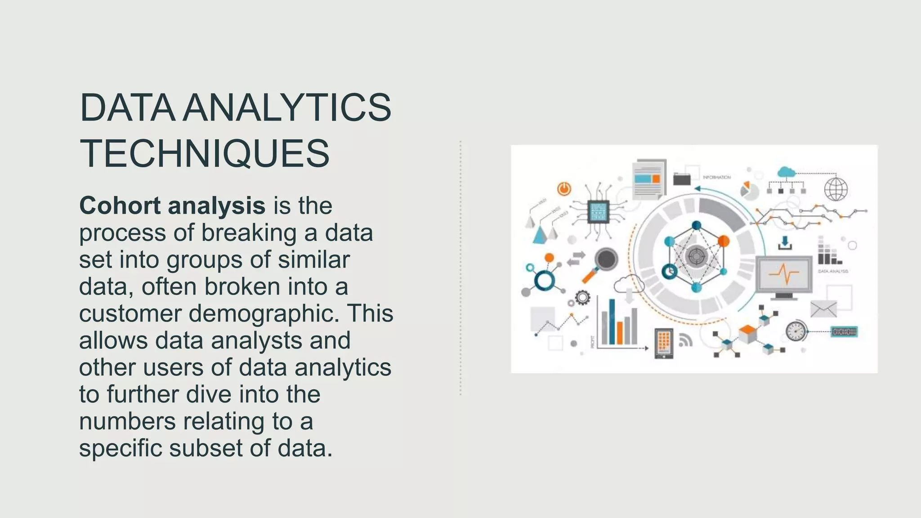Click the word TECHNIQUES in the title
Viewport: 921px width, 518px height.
click(205, 154)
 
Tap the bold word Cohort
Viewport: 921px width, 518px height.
click(120, 206)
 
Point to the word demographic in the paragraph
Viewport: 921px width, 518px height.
click(264, 313)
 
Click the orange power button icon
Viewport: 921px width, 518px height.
click(564, 188)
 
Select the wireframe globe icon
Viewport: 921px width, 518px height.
click(836, 189)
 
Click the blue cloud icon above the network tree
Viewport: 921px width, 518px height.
click(786, 172)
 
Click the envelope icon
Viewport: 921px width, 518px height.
click(823, 309)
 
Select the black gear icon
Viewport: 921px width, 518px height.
click(582, 297)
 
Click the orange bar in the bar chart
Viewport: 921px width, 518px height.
click(620, 332)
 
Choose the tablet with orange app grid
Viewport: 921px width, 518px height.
click(664, 343)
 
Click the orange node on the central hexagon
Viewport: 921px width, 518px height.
click(723, 241)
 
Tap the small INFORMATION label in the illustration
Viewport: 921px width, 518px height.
click(717, 178)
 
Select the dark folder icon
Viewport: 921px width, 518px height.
click(682, 179)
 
